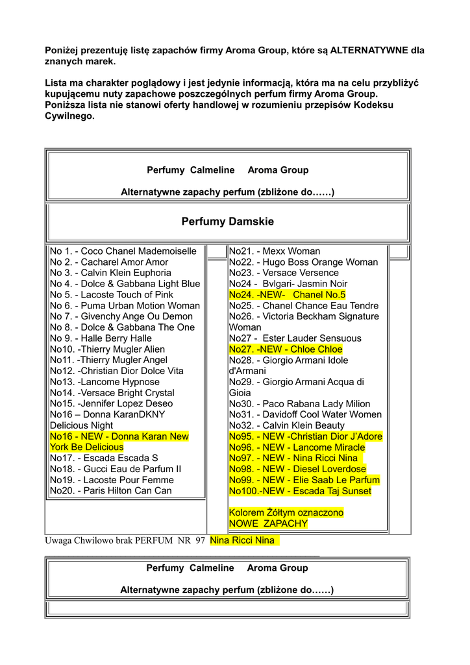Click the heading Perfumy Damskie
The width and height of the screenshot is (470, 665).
pos(227,222)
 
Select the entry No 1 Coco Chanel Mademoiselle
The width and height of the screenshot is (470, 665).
pos(123,251)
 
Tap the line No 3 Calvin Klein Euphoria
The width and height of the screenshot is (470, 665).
pos(110,273)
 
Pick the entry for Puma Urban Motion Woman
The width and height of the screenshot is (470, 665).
pos(125,306)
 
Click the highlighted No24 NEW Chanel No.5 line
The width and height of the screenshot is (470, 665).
pos(287,295)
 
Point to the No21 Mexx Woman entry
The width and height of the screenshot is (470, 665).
pos(274,251)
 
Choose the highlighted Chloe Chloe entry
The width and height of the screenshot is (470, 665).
pos(285,349)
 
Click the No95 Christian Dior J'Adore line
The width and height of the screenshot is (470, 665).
pos(305,436)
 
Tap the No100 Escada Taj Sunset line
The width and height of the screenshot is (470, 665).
pos(300,491)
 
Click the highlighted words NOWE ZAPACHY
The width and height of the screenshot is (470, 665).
pos(268,523)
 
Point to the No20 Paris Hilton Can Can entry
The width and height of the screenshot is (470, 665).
pos(110,491)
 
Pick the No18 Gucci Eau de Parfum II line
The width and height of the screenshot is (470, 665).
pos(115,469)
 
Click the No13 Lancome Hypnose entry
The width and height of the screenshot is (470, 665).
pos(105,382)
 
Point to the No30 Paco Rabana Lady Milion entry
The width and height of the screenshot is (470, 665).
pos(299,404)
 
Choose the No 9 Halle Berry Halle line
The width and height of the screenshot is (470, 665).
pos(101,338)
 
